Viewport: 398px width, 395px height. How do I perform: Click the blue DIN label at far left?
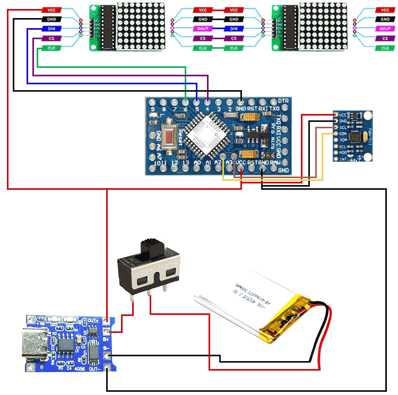(51, 29)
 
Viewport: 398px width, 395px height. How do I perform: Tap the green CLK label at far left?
(51, 48)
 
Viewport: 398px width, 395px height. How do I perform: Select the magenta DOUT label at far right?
(385, 29)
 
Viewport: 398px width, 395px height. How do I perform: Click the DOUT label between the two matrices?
(203, 29)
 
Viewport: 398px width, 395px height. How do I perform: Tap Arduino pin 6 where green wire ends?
(185, 101)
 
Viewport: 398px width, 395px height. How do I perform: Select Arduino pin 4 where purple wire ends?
(207, 101)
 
